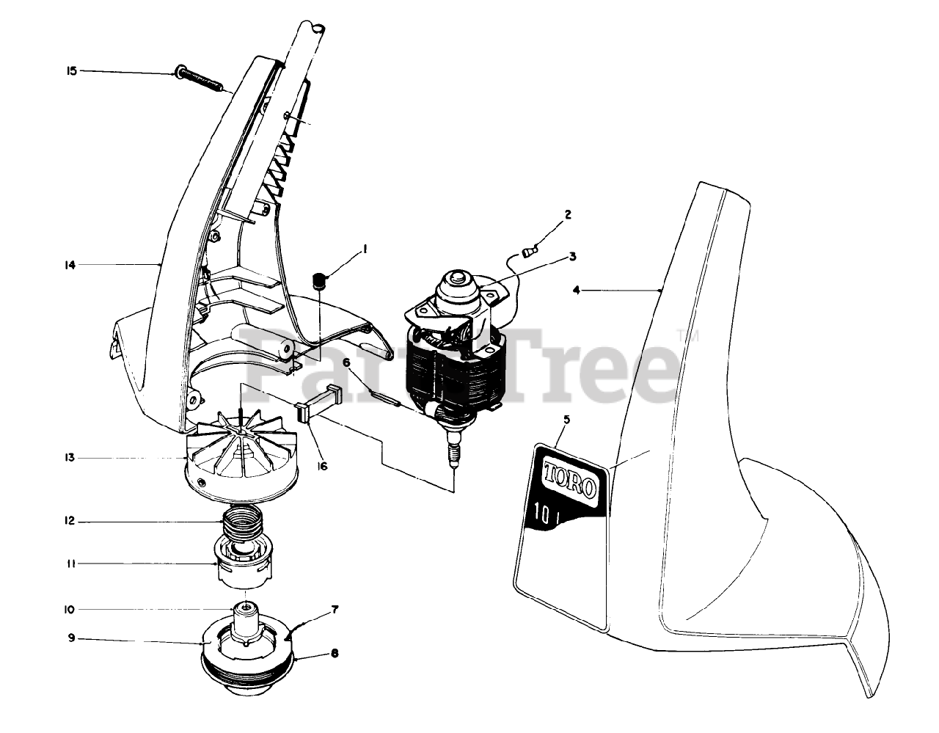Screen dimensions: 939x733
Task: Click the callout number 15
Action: pos(71,71)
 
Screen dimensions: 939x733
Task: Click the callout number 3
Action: pos(572,257)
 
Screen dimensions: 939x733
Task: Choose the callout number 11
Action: pos(71,564)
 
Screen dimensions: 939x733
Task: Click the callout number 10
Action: pos(70,609)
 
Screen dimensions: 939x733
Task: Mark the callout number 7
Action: pos(335,609)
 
